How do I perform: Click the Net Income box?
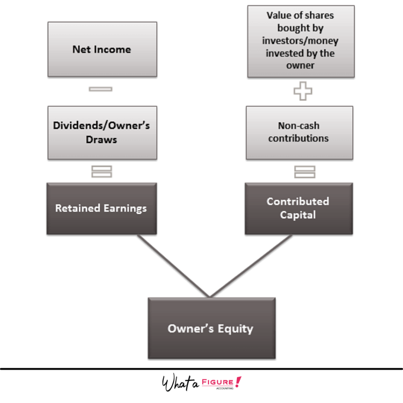(102, 49)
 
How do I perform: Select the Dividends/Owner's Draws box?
(102, 133)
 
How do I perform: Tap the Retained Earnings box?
(102, 209)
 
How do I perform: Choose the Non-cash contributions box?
(299, 132)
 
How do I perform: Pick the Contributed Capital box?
(298, 208)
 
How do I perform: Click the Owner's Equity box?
(211, 328)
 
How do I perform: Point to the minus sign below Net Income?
(101, 89)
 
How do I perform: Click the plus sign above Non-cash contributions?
(303, 91)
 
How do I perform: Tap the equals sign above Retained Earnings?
(102, 172)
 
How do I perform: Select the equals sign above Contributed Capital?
(305, 172)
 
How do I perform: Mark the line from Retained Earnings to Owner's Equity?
(173, 266)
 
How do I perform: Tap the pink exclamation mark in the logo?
(237, 381)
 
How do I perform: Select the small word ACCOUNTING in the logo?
(225, 388)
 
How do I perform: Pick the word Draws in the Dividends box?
(102, 140)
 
